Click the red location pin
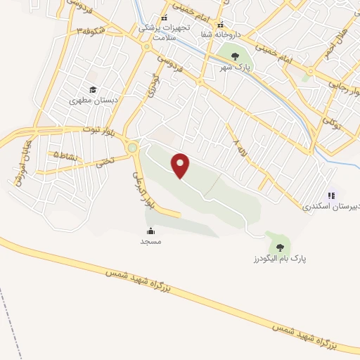pos(181,165)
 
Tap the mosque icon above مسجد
pos(150,231)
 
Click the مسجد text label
pos(150,241)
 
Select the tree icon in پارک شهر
pos(235,56)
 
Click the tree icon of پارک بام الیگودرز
pos(281,247)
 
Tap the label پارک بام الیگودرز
pos(281,259)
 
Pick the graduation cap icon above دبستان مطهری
pos(92,89)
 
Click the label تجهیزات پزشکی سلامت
pos(164,30)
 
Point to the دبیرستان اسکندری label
pos(330,207)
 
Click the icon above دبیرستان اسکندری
pos(331,195)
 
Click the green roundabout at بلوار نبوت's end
pos(131,148)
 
